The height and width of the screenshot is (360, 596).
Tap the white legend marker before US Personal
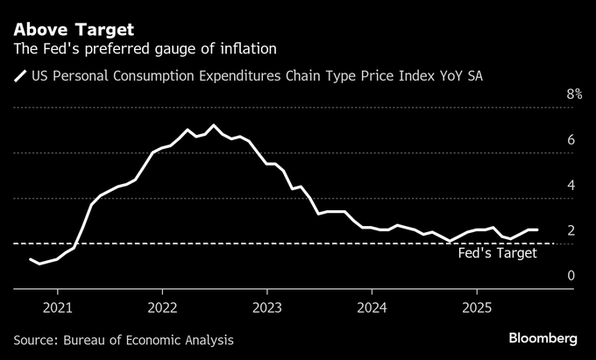pos(19,77)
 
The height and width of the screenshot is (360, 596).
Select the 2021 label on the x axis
pos(57,308)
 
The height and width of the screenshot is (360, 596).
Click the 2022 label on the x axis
pos(162,308)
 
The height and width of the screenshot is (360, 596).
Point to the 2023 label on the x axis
pos(266,308)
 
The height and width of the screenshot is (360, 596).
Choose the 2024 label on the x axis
pos(372,308)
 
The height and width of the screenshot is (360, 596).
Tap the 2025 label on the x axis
pos(476,308)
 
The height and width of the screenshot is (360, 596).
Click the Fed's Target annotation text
pos(498,253)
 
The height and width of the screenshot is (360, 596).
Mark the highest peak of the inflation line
pos(214,125)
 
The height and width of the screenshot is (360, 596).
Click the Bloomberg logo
pos(543,338)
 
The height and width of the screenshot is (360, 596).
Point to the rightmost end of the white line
pos(536,229)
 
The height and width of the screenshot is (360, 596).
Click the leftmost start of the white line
pos(31,259)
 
